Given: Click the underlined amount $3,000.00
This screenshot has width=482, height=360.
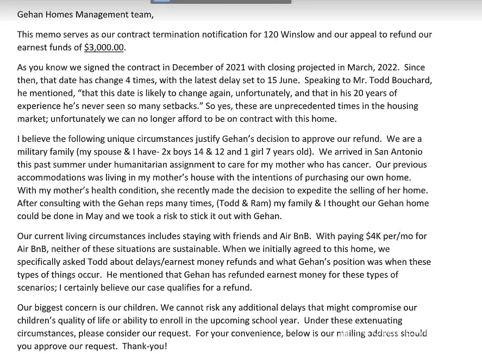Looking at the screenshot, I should coord(104,47).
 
